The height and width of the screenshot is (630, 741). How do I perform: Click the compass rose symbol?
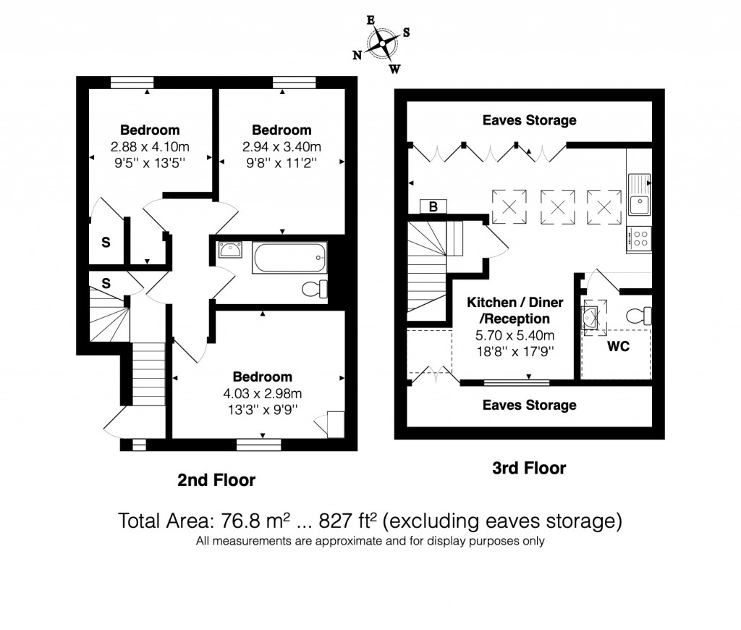(x=382, y=45)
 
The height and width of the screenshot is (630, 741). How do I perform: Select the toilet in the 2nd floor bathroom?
(x=314, y=288)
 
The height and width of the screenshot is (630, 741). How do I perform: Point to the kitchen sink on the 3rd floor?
(x=640, y=196)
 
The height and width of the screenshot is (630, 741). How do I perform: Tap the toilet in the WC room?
(x=640, y=316)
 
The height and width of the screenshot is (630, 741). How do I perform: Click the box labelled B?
(x=433, y=206)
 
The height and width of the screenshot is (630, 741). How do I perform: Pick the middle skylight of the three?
(x=558, y=206)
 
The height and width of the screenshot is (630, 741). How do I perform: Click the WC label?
(x=618, y=347)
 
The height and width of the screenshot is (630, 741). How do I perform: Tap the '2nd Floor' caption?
(x=216, y=479)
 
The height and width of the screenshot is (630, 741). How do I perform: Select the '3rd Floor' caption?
(x=529, y=468)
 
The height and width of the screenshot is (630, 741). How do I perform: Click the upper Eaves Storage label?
(x=530, y=120)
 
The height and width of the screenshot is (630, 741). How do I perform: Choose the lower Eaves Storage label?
(x=530, y=405)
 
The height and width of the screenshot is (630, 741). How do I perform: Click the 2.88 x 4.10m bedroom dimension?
(x=150, y=146)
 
